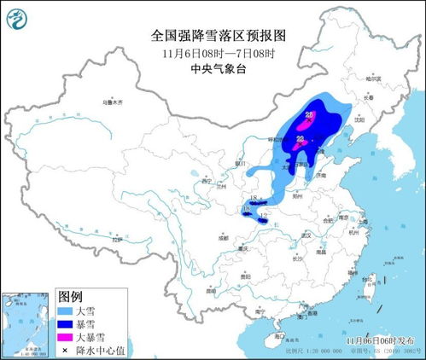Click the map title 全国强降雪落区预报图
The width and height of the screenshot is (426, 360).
[x=212, y=35]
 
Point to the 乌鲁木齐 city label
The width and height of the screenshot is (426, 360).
[x=114, y=102]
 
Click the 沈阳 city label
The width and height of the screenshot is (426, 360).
[x=354, y=120]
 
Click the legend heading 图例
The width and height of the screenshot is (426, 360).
[x=71, y=296]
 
